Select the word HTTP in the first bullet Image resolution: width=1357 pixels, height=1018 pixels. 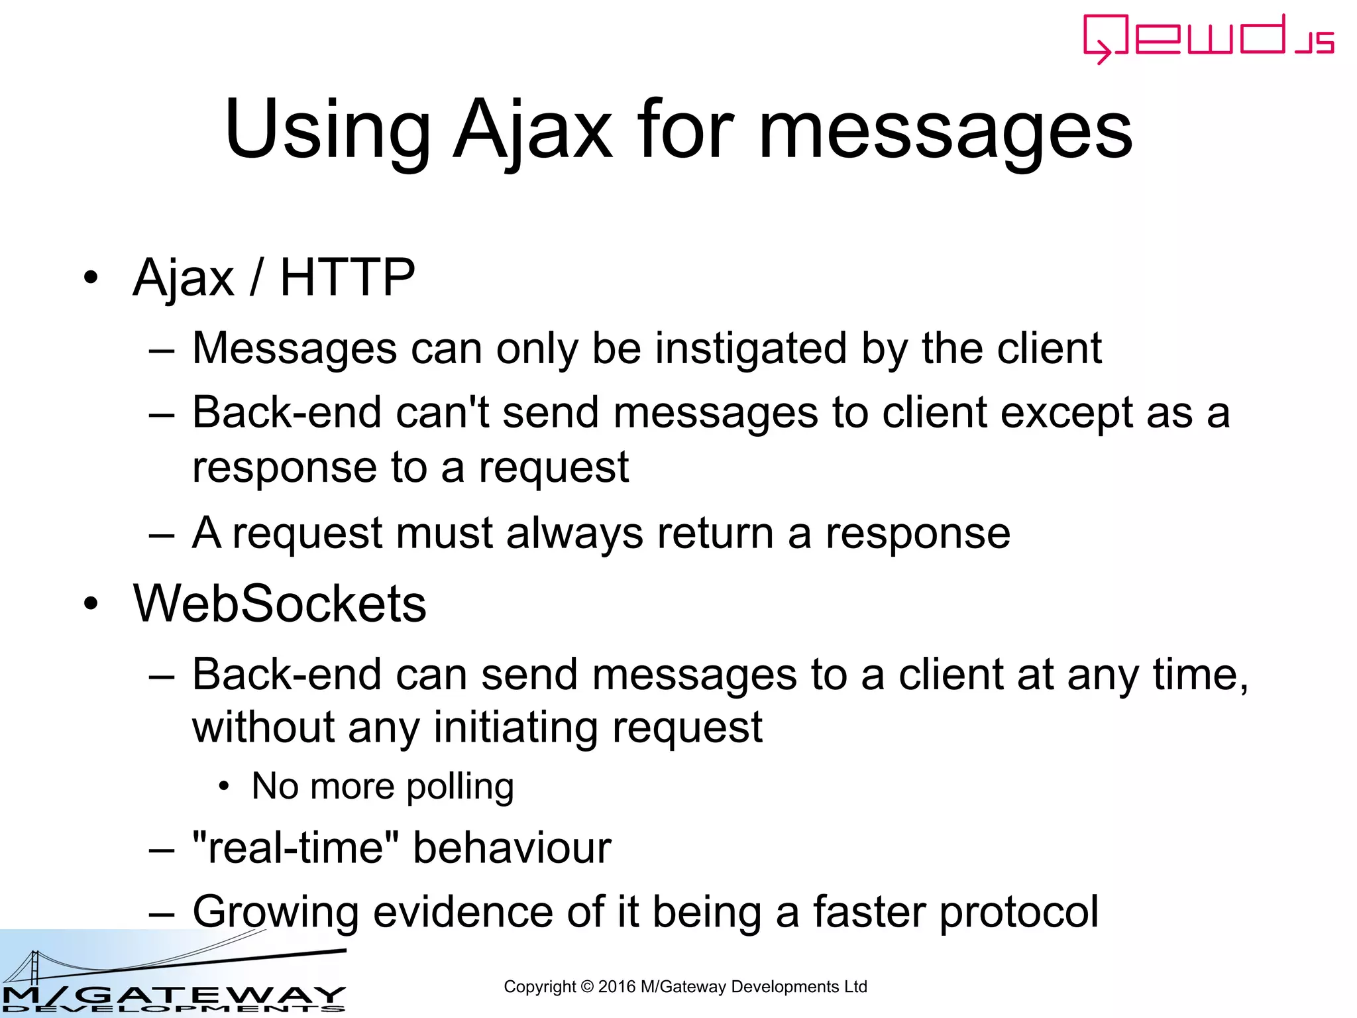[347, 277]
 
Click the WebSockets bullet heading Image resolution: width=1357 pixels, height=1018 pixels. [280, 604]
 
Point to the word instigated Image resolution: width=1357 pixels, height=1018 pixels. [751, 349]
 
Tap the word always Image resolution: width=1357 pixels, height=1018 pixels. [574, 534]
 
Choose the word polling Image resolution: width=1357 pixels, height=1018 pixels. [460, 787]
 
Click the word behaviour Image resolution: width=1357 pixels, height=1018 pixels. [512, 848]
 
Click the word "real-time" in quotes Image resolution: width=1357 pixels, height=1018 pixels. [296, 848]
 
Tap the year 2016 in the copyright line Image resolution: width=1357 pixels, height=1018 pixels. [616, 987]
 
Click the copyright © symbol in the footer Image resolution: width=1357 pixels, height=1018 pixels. [586, 987]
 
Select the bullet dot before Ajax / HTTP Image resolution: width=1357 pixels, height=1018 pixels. [91, 277]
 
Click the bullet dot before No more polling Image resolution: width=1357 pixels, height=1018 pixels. [224, 787]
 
